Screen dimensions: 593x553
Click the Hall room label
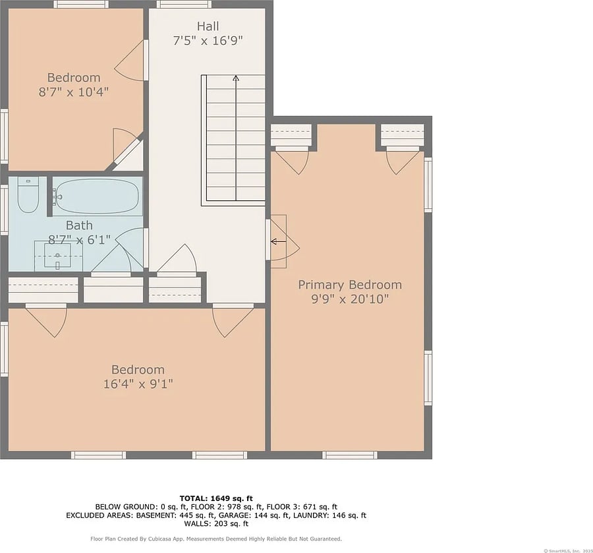click(208, 26)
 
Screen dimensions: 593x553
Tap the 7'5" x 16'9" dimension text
click(208, 40)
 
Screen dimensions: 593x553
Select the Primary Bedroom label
click(350, 285)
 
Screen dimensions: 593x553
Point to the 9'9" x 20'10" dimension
click(350, 299)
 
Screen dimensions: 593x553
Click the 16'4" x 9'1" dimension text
click(138, 384)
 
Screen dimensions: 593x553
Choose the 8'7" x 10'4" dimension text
click(74, 92)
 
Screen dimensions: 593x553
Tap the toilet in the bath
click(28, 195)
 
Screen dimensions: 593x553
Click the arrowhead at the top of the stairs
click(236, 78)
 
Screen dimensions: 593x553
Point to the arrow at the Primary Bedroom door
click(278, 241)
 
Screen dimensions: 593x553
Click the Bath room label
click(79, 225)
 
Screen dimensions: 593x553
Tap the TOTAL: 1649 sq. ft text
click(216, 498)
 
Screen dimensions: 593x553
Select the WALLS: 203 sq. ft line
click(216, 524)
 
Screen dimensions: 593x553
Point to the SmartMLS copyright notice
click(568, 551)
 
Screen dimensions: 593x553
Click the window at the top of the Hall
click(184, 4)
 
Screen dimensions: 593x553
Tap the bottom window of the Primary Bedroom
click(350, 455)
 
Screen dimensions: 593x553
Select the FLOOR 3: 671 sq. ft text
click(302, 507)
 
